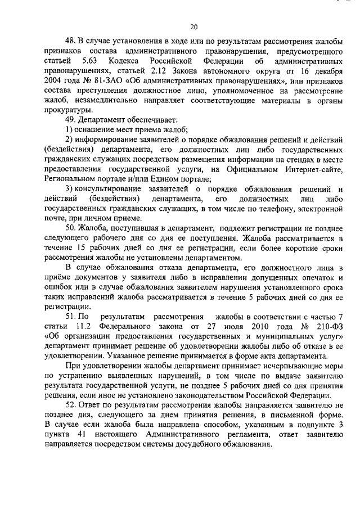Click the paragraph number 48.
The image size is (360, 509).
(x=70, y=42)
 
